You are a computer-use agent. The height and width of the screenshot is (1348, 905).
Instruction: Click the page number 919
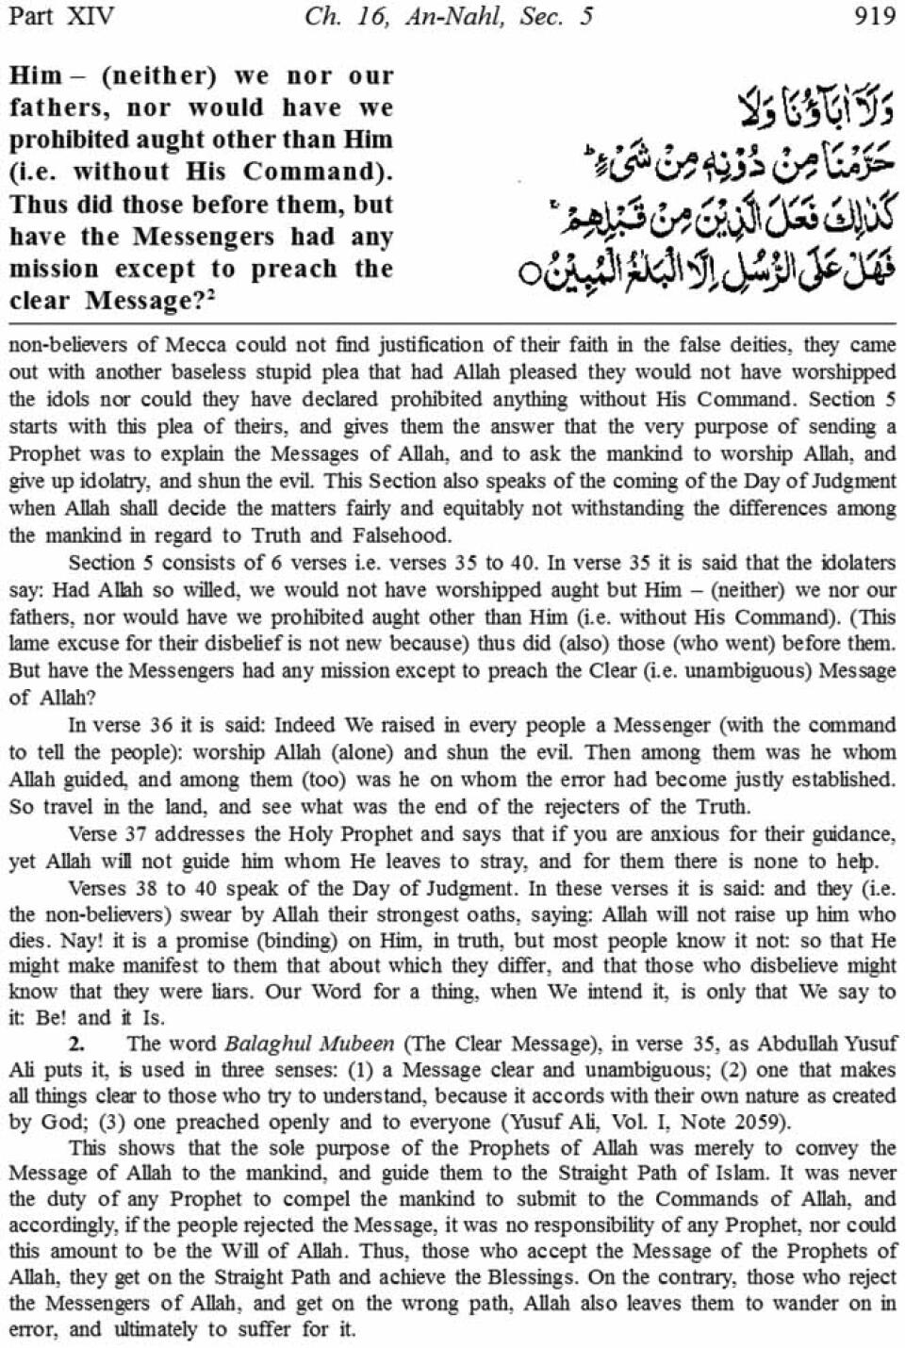click(873, 17)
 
